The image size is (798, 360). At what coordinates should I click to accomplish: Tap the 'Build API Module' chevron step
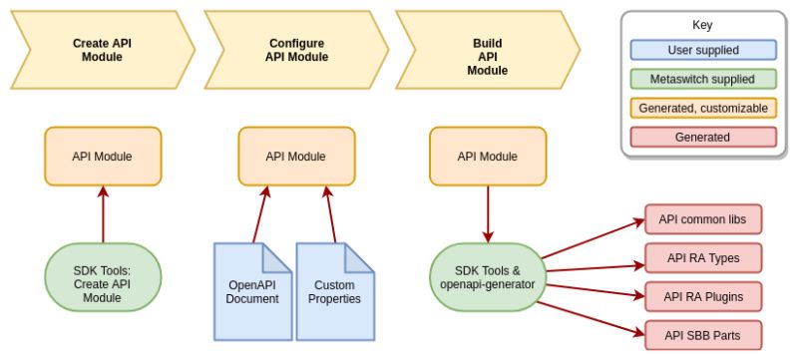pyautogui.click(x=488, y=57)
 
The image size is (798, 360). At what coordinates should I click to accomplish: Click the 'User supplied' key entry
pyautogui.click(x=702, y=50)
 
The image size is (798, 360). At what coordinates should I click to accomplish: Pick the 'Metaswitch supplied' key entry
pyautogui.click(x=702, y=79)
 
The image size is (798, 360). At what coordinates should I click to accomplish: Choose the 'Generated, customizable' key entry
pyautogui.click(x=702, y=108)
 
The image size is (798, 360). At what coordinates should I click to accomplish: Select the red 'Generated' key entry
pyautogui.click(x=702, y=137)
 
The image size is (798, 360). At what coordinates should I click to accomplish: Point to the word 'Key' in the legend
pyautogui.click(x=702, y=25)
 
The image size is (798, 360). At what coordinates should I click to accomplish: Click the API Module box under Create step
pyautogui.click(x=102, y=157)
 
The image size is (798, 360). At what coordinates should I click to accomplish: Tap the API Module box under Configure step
pyautogui.click(x=295, y=157)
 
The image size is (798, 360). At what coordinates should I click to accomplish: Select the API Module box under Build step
pyautogui.click(x=487, y=157)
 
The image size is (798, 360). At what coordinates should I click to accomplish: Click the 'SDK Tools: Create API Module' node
pyautogui.click(x=102, y=283)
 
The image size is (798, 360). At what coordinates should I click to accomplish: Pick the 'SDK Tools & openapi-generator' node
pyautogui.click(x=487, y=276)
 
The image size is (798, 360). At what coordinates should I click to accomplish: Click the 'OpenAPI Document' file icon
pyautogui.click(x=252, y=290)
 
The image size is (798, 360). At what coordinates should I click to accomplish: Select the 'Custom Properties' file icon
pyautogui.click(x=334, y=290)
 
